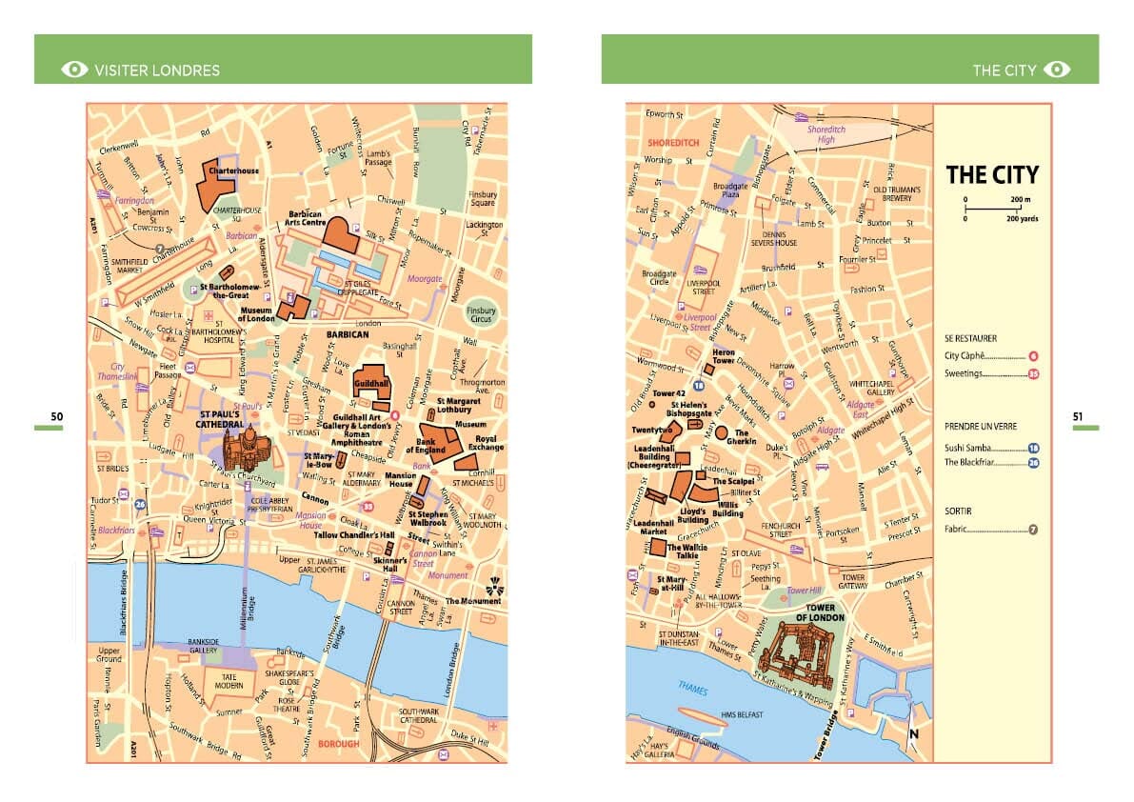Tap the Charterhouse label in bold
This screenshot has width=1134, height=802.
click(233, 170)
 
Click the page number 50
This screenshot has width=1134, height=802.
click(57, 416)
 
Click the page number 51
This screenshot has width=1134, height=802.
click(1078, 416)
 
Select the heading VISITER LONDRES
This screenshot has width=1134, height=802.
click(157, 70)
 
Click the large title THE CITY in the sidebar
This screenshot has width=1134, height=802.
click(991, 175)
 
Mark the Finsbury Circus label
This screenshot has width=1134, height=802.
click(482, 315)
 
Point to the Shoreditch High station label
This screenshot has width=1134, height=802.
click(826, 134)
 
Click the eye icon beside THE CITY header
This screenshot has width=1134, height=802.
click(1057, 70)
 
